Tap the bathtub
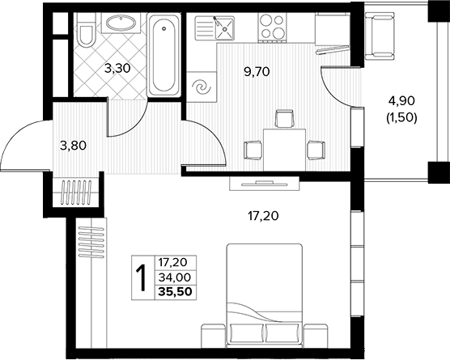tap(163, 53)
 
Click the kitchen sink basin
tap(225, 28)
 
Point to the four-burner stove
tap(271, 27)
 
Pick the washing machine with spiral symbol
tap(202, 87)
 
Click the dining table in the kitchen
tap(284, 150)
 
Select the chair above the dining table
tap(284, 118)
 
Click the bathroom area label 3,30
tap(117, 69)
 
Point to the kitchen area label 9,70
tap(257, 72)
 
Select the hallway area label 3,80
tap(73, 146)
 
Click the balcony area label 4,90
tap(401, 100)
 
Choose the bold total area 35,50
tap(176, 292)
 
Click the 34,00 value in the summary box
tap(175, 277)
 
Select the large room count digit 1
tap(142, 278)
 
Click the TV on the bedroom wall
tap(265, 184)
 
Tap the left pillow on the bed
tap(247, 333)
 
